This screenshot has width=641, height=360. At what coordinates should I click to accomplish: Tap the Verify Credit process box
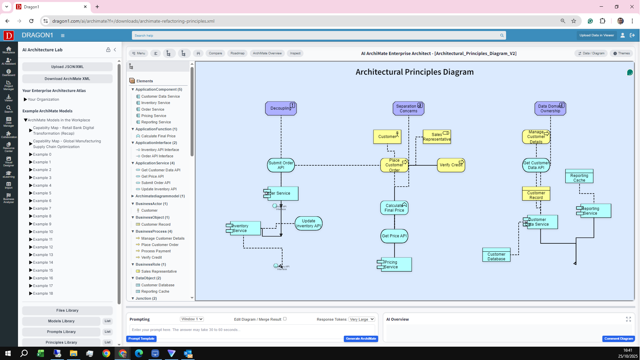tap(451, 165)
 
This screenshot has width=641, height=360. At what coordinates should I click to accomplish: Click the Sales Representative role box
tap(436, 137)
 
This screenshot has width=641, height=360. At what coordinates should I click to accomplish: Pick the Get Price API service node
tap(394, 236)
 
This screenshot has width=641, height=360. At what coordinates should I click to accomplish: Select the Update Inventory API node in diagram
tap(308, 223)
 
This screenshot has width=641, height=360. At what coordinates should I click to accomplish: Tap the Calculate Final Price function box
tap(394, 208)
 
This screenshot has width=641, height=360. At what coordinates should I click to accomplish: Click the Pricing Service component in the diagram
tap(395, 265)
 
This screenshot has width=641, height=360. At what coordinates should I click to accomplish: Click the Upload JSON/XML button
tap(67, 67)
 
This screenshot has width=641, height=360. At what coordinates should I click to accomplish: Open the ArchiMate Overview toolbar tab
tap(267, 53)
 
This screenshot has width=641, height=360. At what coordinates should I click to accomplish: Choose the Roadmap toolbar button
tap(237, 53)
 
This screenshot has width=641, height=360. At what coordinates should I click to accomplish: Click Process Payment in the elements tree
tap(156, 251)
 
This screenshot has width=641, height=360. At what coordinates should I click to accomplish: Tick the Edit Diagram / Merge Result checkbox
tap(285, 319)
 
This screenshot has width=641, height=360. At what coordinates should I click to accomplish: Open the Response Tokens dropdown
tap(362, 319)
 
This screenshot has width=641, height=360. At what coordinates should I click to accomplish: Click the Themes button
tap(622, 53)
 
